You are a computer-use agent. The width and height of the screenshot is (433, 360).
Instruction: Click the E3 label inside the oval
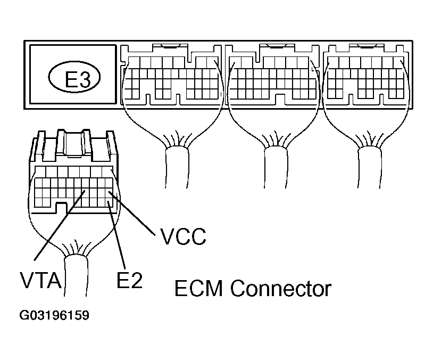[76, 79]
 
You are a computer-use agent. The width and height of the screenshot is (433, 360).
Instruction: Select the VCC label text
[182, 236]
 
